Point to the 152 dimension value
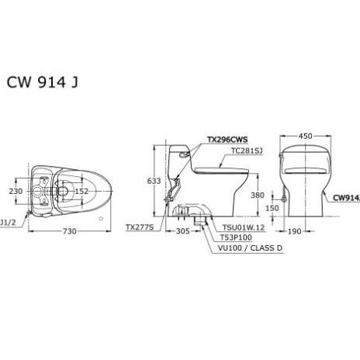[x=81, y=191]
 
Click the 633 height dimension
[x=155, y=181]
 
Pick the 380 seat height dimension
[x=258, y=196]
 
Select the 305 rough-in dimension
[x=183, y=231]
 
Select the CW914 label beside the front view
[x=346, y=197]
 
